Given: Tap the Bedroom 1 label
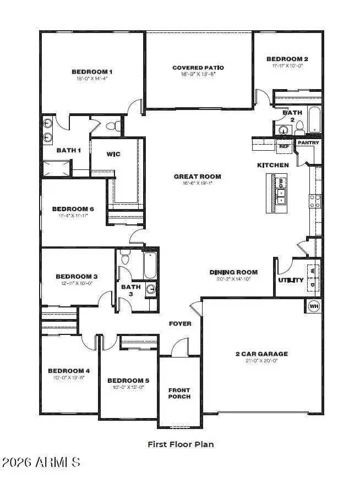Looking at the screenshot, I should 92,71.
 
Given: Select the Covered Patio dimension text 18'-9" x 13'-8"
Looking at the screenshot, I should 198,75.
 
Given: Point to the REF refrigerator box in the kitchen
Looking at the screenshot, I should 284,146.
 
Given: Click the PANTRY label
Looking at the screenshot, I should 308,143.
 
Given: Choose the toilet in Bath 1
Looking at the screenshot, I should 113,126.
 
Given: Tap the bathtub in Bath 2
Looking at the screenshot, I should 314,119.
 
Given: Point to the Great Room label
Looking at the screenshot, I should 198,177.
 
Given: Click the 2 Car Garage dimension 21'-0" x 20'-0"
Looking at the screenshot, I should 261,361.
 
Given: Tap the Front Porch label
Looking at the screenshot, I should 179,393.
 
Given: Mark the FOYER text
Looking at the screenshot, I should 180,323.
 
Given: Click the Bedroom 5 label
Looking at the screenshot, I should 128,381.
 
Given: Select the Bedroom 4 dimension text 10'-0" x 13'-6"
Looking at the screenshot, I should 69,378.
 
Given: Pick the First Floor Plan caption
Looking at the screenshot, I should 181,444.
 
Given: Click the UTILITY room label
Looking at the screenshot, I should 291,280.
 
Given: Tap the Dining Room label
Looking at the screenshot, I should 233,272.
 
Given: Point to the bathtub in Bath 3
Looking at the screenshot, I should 150,265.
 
